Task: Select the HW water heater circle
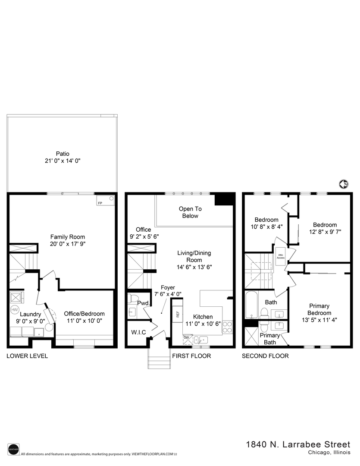pyautogui.click(x=15, y=310)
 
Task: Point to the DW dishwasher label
pyautogui.click(x=186, y=337)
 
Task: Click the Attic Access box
pyautogui.click(x=281, y=256)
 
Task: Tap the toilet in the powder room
pyautogui.click(x=133, y=299)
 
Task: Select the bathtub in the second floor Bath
pyautogui.click(x=251, y=305)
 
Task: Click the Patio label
pyautogui.click(x=63, y=154)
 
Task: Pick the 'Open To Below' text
pyautogui.click(x=190, y=212)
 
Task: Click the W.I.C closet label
pyautogui.click(x=138, y=332)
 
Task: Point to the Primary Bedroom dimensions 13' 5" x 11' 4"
pyautogui.click(x=319, y=320)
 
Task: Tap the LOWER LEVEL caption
pyautogui.click(x=27, y=356)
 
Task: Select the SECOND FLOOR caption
pyautogui.click(x=265, y=356)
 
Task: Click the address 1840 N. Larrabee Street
pyautogui.click(x=298, y=444)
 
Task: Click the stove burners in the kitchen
pyautogui.click(x=227, y=327)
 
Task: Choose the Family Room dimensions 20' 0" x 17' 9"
pyautogui.click(x=68, y=244)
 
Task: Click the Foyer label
pyautogui.click(x=168, y=287)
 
